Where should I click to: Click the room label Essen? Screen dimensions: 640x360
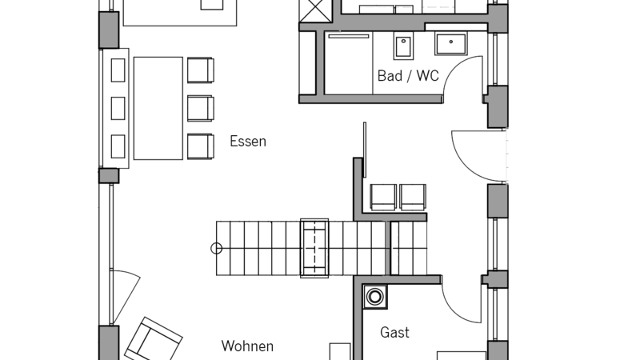tap(248, 142)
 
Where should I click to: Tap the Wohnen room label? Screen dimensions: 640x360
tap(247, 346)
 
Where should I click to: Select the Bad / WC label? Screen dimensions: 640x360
tap(408, 75)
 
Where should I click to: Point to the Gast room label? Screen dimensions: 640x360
tap(394, 332)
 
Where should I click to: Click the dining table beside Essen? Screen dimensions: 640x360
tap(158, 108)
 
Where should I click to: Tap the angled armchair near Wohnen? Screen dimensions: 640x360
tap(154, 339)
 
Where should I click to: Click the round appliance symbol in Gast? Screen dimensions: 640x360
tap(374, 296)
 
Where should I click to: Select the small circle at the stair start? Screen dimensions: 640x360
tap(216, 248)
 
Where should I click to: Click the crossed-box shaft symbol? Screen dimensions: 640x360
tap(315, 11)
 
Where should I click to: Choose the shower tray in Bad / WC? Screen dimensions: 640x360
tap(349, 63)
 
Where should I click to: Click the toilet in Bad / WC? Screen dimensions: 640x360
tap(403, 46)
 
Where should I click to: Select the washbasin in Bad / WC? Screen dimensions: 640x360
tap(451, 44)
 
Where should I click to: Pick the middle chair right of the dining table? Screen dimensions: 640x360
tap(201, 108)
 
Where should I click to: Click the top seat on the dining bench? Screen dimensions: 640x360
tap(118, 70)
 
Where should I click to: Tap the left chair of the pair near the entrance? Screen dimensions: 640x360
tap(383, 197)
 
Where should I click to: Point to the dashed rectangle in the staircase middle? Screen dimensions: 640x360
tap(314, 248)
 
